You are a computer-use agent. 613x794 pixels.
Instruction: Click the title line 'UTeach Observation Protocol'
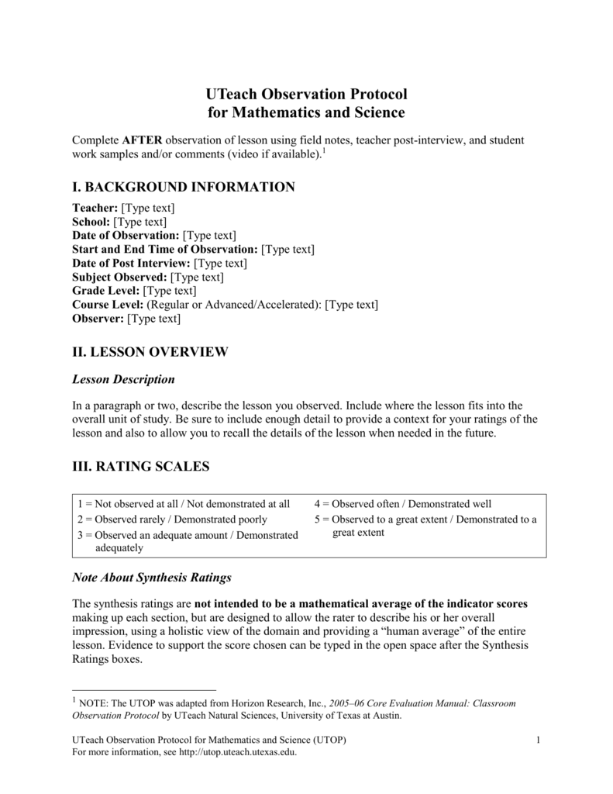click(306, 94)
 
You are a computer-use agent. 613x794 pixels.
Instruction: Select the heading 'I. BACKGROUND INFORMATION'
click(183, 187)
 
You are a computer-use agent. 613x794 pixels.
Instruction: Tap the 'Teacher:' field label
click(95, 208)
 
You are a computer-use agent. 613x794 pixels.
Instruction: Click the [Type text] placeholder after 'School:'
click(140, 222)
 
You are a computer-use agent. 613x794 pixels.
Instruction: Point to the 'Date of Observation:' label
click(126, 236)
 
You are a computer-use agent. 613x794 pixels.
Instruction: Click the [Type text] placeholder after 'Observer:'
click(153, 319)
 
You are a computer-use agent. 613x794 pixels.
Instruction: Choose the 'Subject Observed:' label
click(119, 277)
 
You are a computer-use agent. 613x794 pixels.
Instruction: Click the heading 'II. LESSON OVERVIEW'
click(150, 352)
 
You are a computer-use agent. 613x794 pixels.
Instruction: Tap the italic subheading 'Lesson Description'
click(123, 379)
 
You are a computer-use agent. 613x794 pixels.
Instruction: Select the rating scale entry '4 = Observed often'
click(402, 504)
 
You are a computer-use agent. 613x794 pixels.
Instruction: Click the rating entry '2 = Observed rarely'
click(171, 520)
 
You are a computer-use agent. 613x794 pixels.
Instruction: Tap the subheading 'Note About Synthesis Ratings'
click(151, 578)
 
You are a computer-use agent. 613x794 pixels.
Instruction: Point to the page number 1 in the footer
click(537, 741)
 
